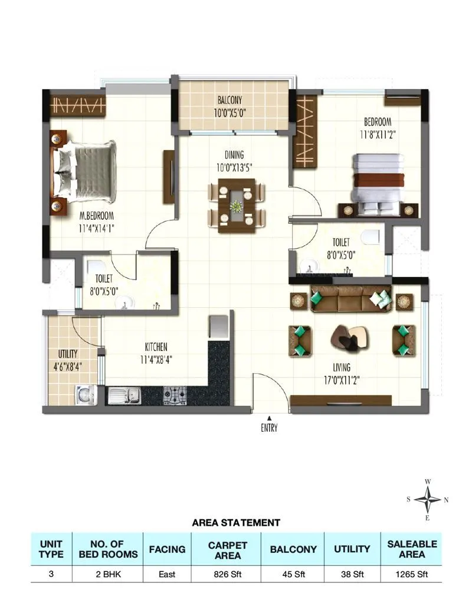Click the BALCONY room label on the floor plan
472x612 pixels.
[x=229, y=100]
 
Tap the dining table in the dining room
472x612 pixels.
[x=236, y=206]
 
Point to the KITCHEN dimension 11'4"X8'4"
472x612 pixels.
[x=157, y=359]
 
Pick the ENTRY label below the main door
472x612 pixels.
[x=269, y=428]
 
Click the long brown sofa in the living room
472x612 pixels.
[x=343, y=299]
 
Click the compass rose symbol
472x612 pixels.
[x=427, y=500]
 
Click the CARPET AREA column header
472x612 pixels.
[x=227, y=549]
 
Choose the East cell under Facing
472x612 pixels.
[x=167, y=573]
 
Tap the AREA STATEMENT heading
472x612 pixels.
[x=236, y=522]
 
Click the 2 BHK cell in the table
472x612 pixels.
[x=108, y=573]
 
